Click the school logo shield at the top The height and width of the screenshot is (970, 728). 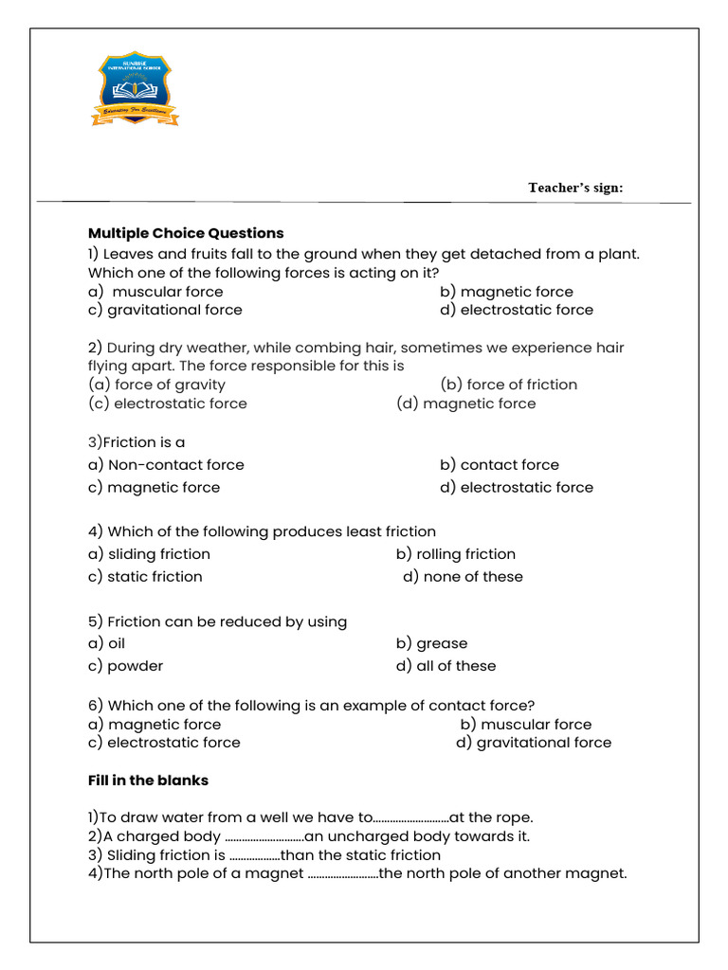point(135,89)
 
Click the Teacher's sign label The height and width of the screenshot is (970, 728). point(575,188)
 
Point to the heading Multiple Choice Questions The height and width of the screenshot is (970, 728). point(186,233)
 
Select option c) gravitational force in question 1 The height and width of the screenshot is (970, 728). point(165,310)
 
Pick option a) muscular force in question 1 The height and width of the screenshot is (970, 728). point(155,292)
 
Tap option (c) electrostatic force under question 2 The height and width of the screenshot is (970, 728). point(167,404)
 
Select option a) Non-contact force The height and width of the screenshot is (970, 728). point(166,465)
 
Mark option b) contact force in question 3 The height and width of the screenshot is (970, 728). point(500,465)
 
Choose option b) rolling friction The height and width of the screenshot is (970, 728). point(456,554)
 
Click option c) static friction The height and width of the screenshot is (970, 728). point(145,577)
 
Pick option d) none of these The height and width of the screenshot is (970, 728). point(463,577)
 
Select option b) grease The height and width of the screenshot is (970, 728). point(431,643)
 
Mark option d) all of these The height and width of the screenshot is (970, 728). point(446,666)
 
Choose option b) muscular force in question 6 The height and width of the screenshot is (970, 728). point(526,725)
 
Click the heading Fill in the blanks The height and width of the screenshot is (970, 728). point(148,781)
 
